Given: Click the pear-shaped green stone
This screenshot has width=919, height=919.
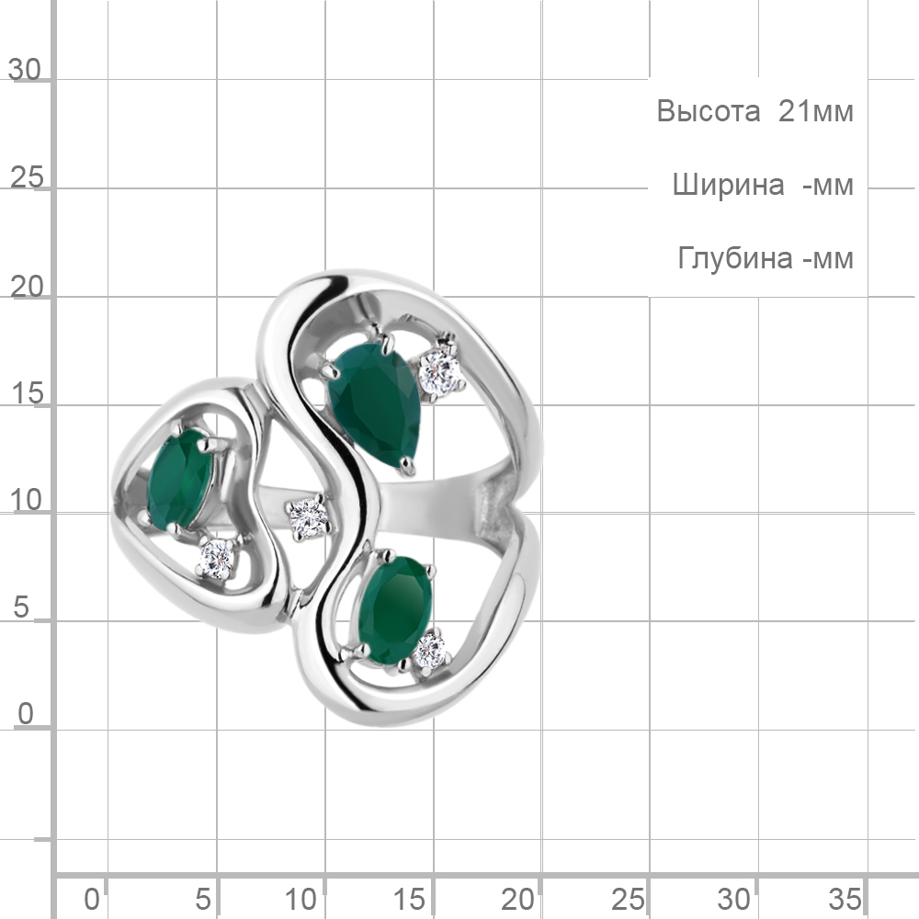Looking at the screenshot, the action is coord(374,404).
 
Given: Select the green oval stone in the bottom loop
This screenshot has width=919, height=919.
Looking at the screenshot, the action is coord(395,610).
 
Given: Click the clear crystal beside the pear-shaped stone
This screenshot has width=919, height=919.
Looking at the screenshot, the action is coord(439,370).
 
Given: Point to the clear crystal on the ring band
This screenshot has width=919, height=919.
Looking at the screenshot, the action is coord(309,517).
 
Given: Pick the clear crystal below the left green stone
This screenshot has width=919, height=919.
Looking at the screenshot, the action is coord(216,558).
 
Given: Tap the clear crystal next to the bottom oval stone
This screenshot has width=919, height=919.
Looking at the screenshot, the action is coord(429,650).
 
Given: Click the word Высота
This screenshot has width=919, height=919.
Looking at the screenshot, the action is coord(708,111).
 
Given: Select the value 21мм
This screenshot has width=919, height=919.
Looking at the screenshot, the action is coord(815,111).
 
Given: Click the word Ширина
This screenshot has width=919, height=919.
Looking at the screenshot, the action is coord(728,186).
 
